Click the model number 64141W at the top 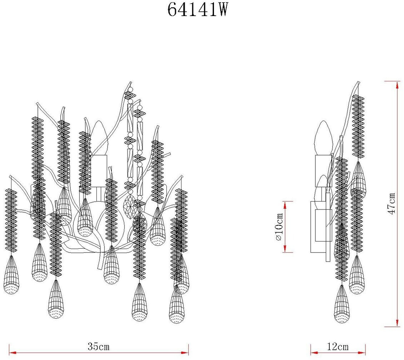click(x=198, y=10)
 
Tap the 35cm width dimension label click(x=99, y=346)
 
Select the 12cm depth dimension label click(x=338, y=346)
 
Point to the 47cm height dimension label click(x=391, y=203)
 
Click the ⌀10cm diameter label click(x=279, y=227)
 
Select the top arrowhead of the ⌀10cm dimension click(x=285, y=205)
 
